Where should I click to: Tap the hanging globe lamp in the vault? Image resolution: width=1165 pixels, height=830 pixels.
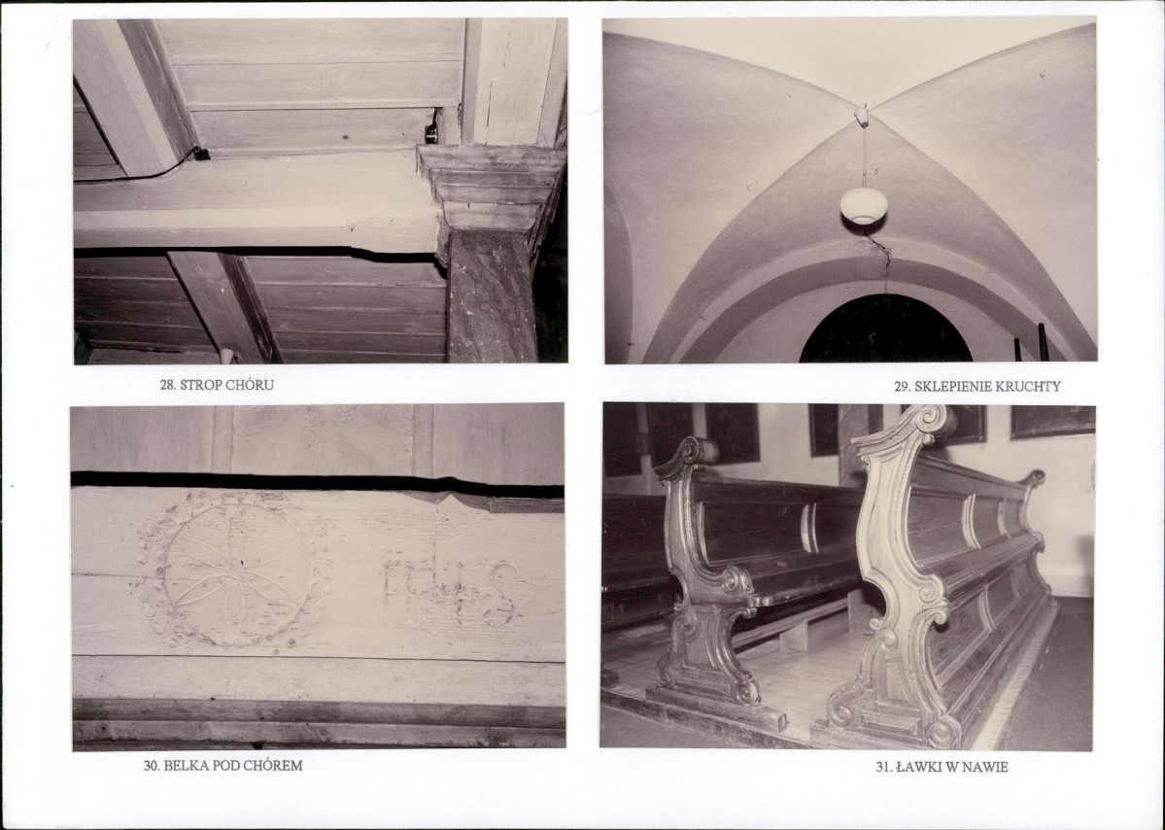point(864,206)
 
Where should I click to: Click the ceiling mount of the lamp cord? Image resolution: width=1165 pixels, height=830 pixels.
point(862,116)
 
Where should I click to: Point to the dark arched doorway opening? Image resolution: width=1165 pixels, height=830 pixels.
point(885,330)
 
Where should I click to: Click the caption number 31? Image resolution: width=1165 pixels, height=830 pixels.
point(884,767)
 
